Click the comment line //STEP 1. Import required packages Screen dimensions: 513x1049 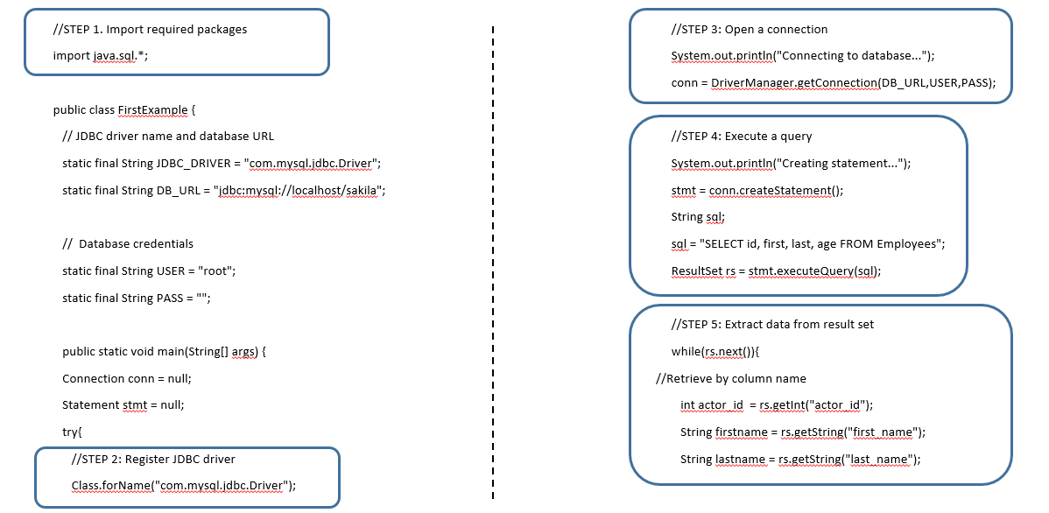[150, 29]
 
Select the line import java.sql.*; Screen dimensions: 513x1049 [107, 55]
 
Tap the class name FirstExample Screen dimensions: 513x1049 [152, 109]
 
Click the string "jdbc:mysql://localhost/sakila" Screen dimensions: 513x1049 [299, 190]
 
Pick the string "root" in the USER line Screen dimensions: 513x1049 [215, 271]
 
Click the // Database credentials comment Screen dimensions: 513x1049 [128, 243]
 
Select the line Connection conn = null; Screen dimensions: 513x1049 [127, 378]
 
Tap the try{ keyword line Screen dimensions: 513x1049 [72, 432]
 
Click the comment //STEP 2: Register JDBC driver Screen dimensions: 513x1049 [153, 459]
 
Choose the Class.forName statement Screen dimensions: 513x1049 [184, 486]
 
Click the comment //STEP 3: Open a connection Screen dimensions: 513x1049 [749, 29]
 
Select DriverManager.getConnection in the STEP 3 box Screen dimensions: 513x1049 [793, 83]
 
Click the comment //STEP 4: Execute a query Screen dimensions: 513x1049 [741, 136]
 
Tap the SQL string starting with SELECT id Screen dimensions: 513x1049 [822, 243]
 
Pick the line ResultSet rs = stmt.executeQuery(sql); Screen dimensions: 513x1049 [776, 271]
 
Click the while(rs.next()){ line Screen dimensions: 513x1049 [715, 351]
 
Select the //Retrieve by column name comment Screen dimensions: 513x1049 [730, 378]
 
